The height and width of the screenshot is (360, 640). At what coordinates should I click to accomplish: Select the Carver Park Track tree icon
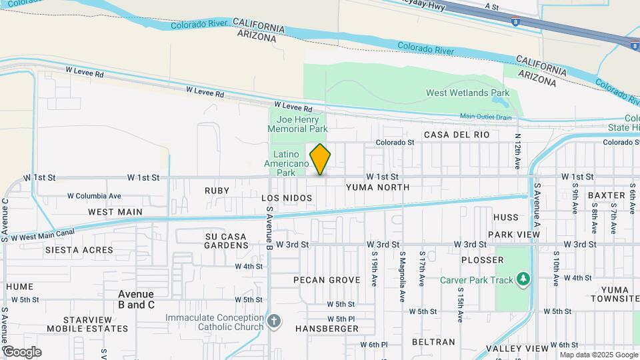524,279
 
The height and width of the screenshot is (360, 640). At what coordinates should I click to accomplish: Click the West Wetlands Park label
468,93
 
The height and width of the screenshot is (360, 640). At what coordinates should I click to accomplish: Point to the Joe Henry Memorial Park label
298,124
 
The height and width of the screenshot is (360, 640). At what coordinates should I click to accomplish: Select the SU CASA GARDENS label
226,241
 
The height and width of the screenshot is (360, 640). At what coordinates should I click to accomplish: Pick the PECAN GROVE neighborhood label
327,280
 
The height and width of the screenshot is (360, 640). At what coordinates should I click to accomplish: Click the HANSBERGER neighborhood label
327,329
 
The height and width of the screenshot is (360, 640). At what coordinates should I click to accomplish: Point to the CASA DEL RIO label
457,135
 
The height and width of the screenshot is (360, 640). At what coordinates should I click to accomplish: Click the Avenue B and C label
136,299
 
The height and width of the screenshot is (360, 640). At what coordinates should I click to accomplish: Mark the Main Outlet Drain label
485,117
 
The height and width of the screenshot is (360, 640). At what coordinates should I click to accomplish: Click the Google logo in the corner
22,351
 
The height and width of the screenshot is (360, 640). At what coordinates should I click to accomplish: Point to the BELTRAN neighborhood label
433,342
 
